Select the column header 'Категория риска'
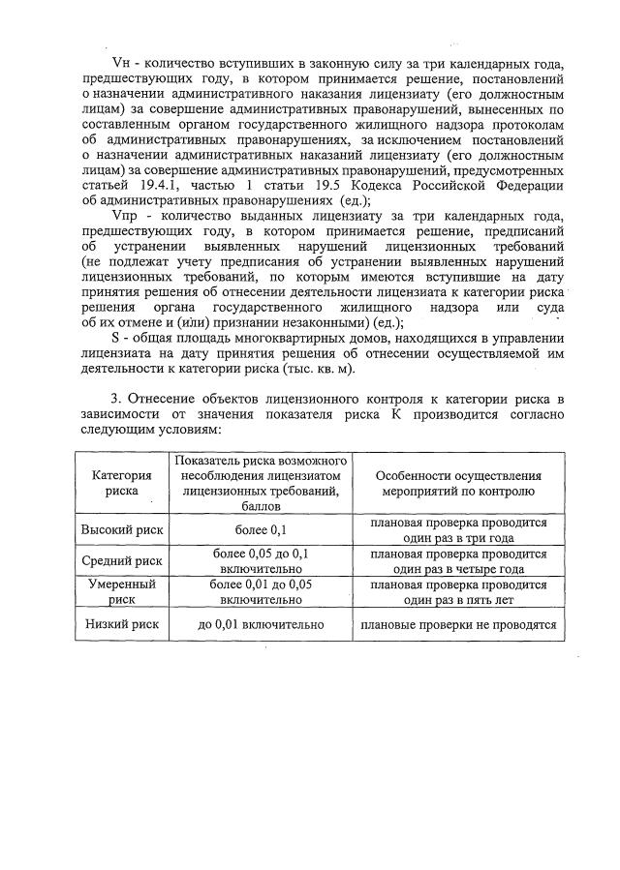[121, 483]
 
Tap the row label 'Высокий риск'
[121, 529]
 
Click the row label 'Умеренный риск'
[121, 592]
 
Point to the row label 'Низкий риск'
[121, 625]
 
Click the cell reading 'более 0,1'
[260, 529]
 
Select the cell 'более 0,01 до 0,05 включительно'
[260, 592]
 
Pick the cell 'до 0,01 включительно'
[260, 625]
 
